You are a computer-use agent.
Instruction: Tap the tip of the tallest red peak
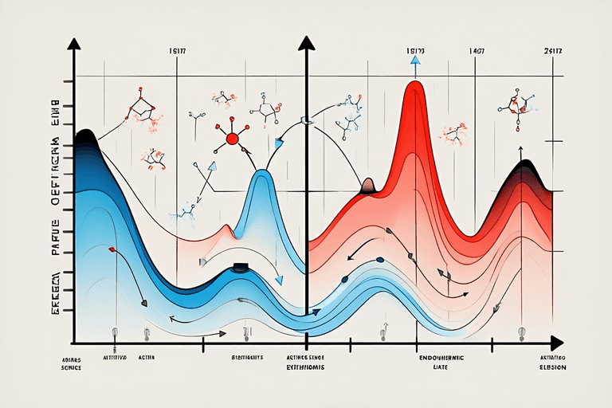click(x=414, y=82)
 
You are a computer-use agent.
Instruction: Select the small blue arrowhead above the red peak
click(x=414, y=60)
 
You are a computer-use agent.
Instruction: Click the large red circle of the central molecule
click(x=233, y=139)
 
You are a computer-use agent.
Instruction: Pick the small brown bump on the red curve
click(x=368, y=186)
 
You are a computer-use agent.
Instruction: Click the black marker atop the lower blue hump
click(x=240, y=268)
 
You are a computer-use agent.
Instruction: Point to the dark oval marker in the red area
click(x=379, y=259)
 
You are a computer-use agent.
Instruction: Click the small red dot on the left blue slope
click(x=112, y=249)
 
